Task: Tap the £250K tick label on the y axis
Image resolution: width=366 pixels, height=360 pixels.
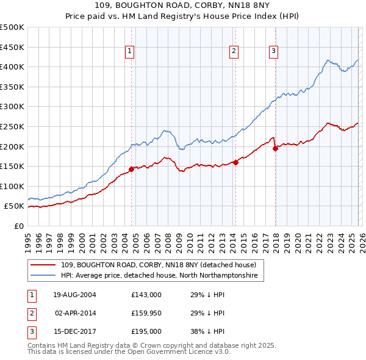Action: click(12, 126)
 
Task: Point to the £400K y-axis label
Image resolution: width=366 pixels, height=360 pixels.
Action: click(12, 67)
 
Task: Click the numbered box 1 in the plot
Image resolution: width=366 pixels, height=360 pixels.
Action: click(131, 52)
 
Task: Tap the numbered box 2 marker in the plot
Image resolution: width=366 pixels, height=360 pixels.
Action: click(234, 52)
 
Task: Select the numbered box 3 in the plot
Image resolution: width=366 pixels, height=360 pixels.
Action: click(274, 52)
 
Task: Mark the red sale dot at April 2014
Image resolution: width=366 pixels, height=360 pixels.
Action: click(235, 162)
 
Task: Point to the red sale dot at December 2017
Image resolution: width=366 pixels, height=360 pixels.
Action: click(275, 148)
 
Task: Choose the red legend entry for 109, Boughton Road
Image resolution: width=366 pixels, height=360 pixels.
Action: click(162, 265)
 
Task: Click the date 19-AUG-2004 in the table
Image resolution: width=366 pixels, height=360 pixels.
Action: click(75, 295)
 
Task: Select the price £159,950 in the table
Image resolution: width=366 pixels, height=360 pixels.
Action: click(146, 313)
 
